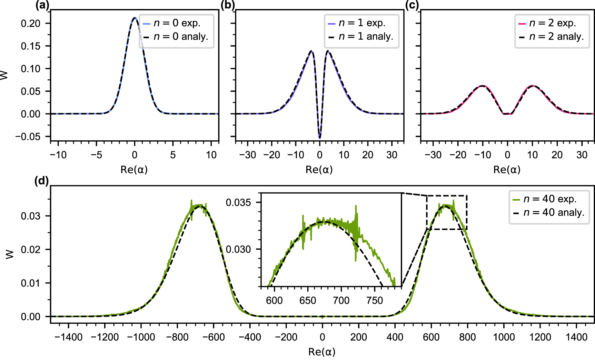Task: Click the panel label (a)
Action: [x=42, y=5]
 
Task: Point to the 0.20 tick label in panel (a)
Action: [x=31, y=23]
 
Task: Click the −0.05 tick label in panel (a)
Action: [x=28, y=137]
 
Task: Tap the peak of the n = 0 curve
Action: [x=135, y=18]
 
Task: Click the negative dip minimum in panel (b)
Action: [x=320, y=138]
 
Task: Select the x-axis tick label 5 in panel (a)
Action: [x=173, y=155]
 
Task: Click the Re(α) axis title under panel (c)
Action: [x=507, y=169]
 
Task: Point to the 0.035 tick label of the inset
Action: [x=238, y=202]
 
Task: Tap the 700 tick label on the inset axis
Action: [x=341, y=301]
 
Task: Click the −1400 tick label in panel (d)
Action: [x=68, y=337]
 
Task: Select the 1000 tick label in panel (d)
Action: [x=504, y=337]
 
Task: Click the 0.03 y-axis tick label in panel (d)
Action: [x=31, y=216]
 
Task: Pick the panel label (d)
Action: [x=41, y=181]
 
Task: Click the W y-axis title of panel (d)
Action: [x=10, y=254]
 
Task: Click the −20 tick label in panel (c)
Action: [x=458, y=155]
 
